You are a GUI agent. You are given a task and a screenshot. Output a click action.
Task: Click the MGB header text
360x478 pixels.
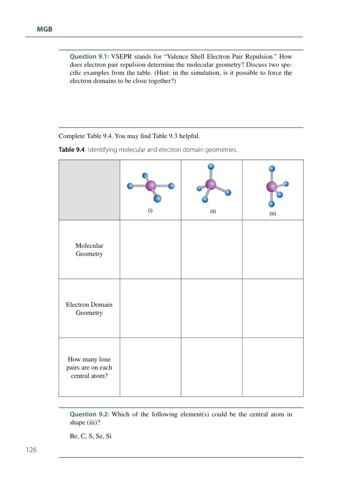click(44, 29)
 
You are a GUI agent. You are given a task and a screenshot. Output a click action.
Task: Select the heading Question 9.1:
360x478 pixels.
click(89, 56)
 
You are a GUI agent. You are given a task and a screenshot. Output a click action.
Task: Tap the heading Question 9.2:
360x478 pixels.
click(89, 414)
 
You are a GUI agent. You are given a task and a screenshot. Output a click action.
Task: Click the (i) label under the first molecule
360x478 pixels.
click(150, 210)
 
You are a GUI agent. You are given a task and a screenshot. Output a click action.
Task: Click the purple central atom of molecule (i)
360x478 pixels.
click(151, 186)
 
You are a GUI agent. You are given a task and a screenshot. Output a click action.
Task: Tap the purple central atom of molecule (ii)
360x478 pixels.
click(211, 184)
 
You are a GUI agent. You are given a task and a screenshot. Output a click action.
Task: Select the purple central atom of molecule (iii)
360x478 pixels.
click(271, 187)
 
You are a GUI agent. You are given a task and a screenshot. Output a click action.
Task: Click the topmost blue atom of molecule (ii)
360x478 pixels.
click(211, 166)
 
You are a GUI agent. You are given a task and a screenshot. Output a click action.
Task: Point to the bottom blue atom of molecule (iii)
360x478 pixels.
click(272, 204)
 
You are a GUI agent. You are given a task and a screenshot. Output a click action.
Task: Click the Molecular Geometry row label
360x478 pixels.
click(89, 250)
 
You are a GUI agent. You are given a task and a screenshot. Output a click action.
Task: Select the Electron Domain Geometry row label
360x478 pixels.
click(89, 309)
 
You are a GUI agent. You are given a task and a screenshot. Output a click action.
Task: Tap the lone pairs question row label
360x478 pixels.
click(89, 367)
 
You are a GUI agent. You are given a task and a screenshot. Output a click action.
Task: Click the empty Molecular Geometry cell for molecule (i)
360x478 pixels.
click(150, 249)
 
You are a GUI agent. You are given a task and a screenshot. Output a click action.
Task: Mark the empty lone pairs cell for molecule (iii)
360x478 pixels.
click(273, 367)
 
